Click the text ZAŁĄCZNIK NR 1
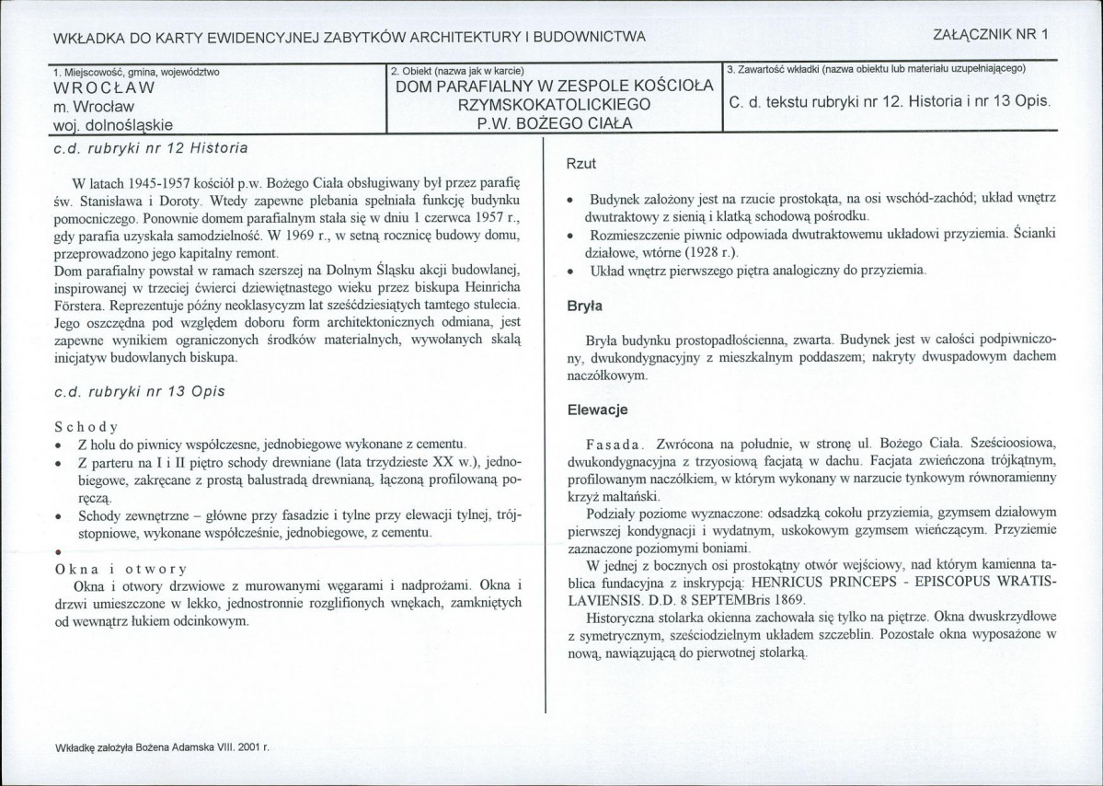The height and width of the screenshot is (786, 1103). [990, 34]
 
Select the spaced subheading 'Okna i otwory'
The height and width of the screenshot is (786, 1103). [121, 568]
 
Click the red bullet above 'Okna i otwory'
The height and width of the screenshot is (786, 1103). [59, 551]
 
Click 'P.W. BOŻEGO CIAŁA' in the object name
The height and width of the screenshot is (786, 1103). [554, 122]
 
